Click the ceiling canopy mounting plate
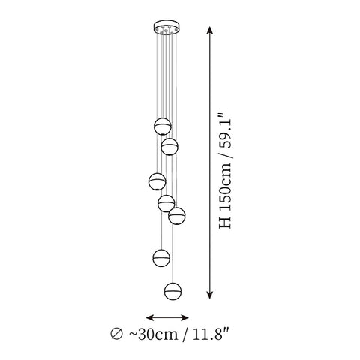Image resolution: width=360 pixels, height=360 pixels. click(166, 26)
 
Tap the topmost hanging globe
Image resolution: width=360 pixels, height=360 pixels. click(163, 127)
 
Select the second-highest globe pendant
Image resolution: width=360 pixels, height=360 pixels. click(169, 147)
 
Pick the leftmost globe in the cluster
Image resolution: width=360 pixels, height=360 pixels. click(157, 181)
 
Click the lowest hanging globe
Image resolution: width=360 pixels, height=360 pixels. click(173, 291)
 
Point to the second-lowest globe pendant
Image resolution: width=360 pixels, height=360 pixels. click(161, 258)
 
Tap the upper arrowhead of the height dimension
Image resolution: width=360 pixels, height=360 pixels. click(210, 30)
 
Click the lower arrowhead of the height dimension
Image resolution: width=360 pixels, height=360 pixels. click(210, 295)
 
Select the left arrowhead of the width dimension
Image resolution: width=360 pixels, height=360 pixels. click(149, 318)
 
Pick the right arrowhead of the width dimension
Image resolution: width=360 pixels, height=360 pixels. click(185, 318)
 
